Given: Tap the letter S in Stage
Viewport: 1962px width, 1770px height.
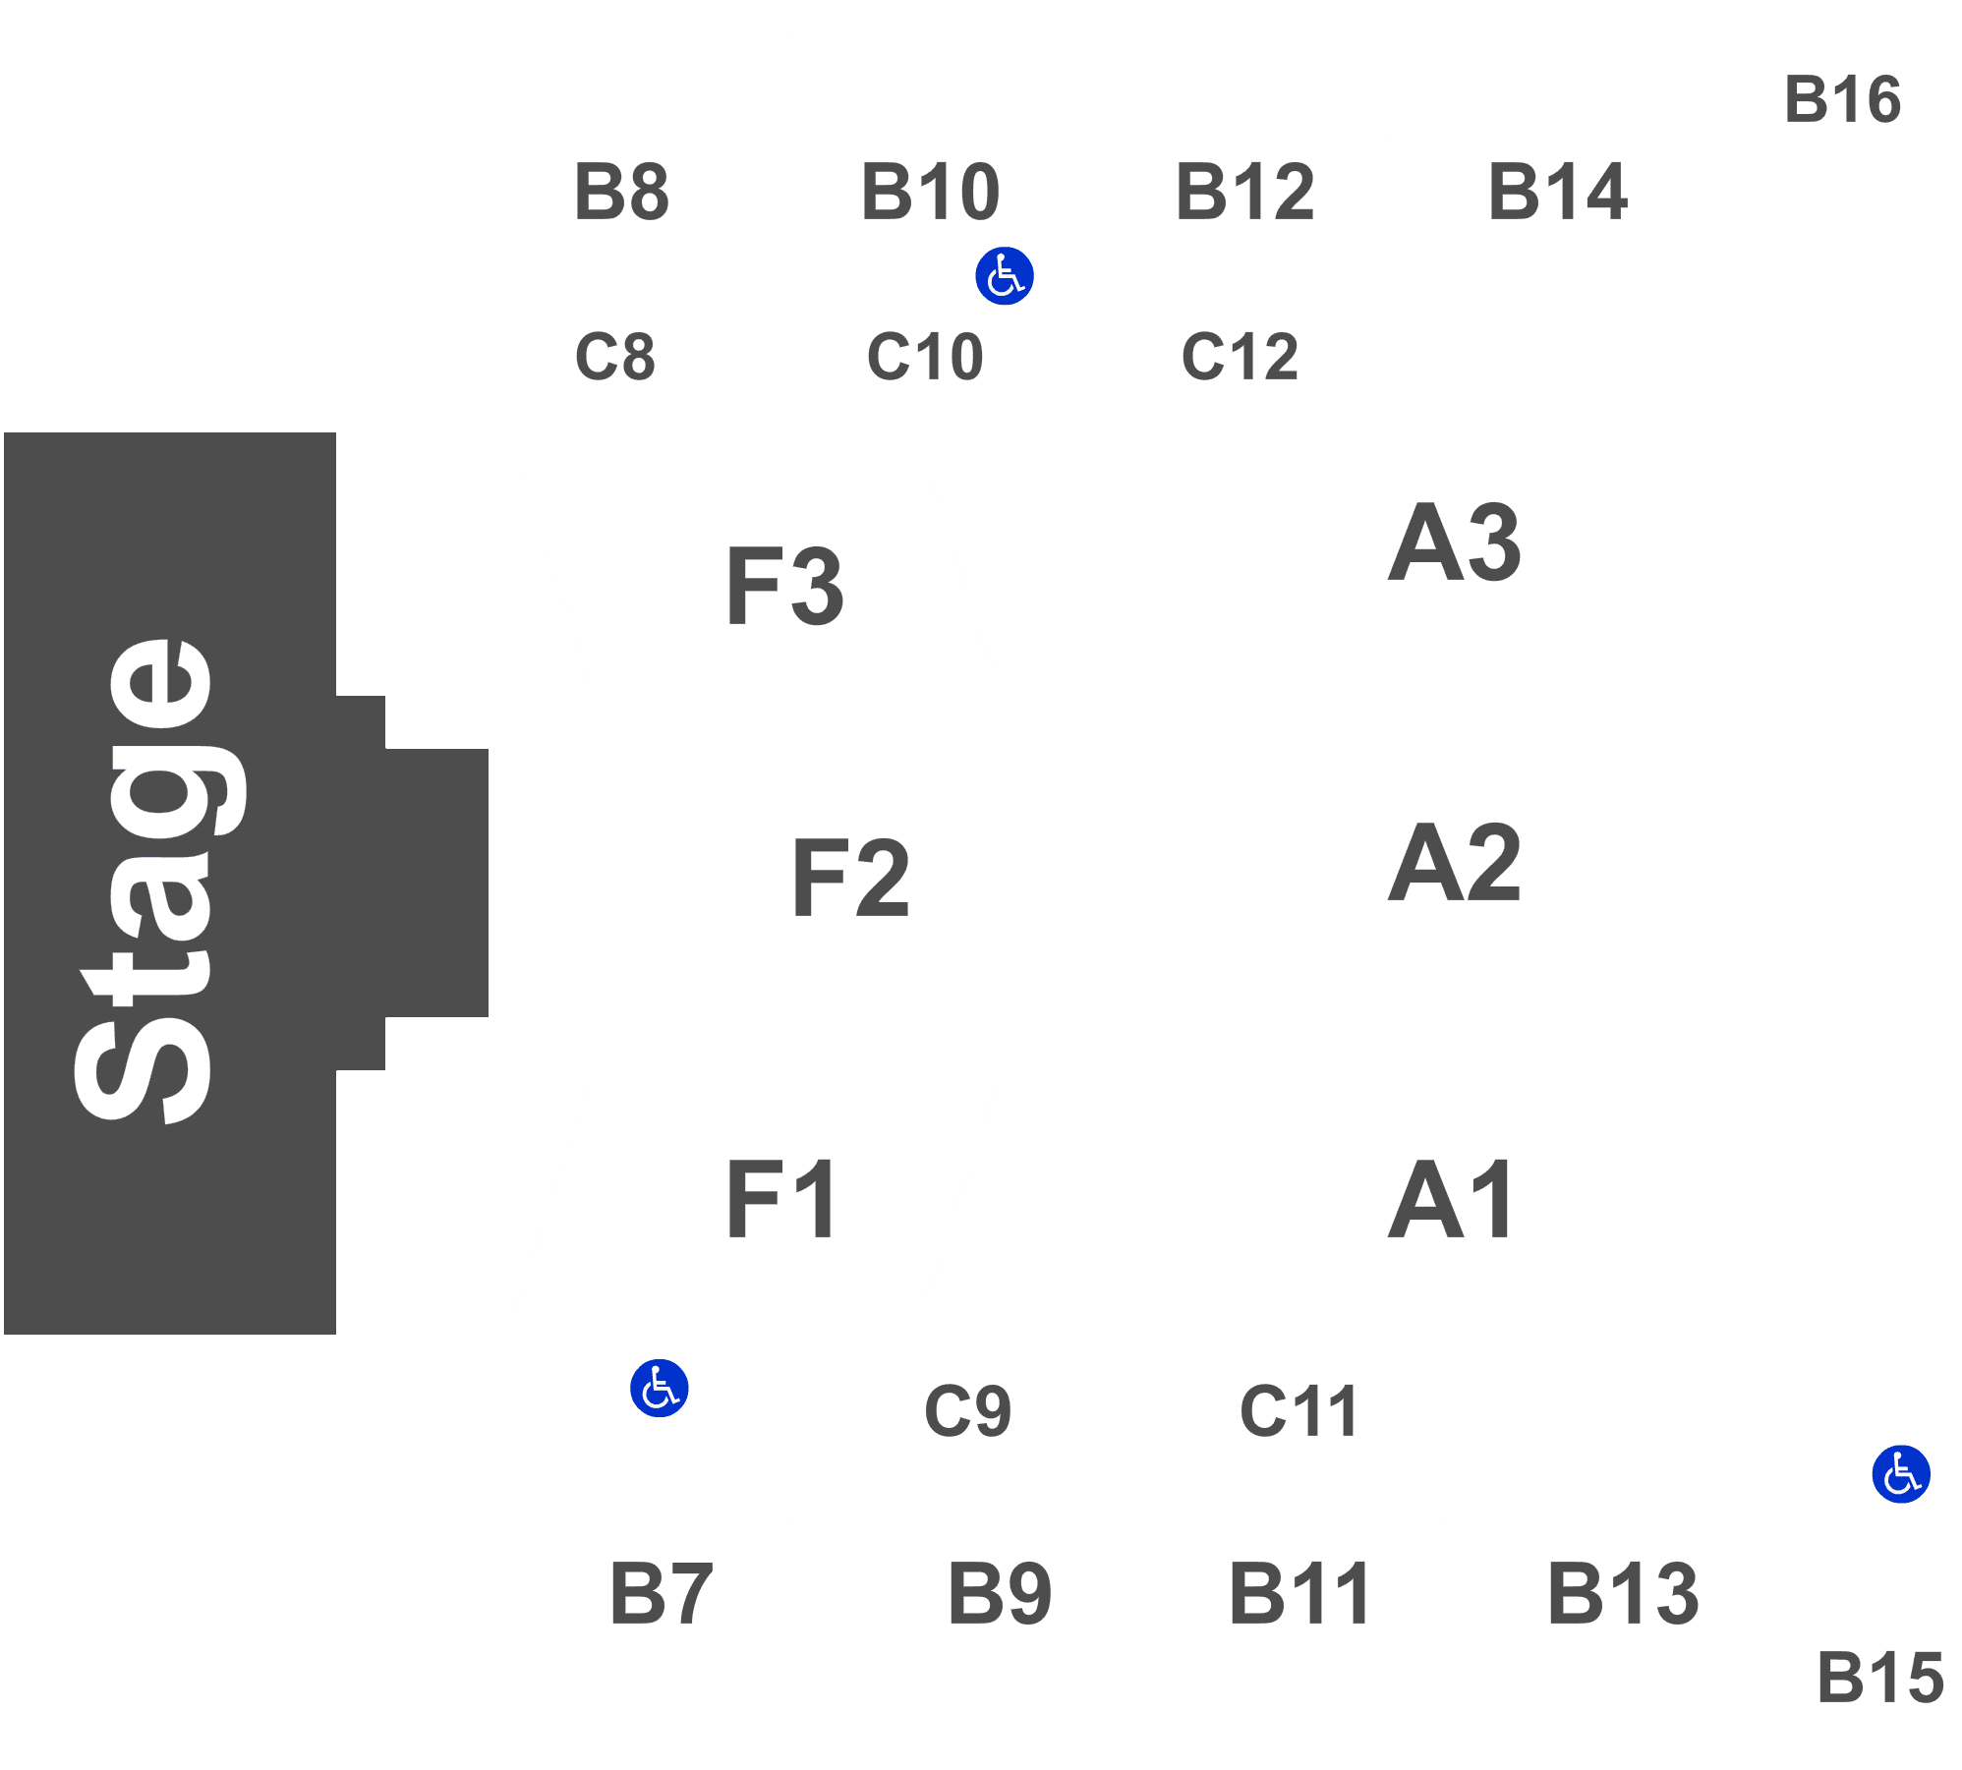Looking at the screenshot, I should point(143,1066).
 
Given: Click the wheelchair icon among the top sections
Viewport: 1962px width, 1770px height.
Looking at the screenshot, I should point(1004,276).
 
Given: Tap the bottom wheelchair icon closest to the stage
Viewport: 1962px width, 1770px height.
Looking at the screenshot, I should point(659,1388).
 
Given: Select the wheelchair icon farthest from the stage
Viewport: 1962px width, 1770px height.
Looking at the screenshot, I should point(1900,1474).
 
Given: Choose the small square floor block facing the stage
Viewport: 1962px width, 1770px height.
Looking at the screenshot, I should point(847,878).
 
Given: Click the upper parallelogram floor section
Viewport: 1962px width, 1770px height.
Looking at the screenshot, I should point(762,587).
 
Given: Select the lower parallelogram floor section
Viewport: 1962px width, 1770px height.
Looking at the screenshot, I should point(757,1190).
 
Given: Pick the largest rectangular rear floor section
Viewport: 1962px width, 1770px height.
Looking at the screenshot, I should point(1459,870).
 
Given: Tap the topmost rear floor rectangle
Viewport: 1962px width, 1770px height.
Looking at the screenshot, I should point(1459,545).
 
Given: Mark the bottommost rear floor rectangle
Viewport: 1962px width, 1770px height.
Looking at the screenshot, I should point(1459,1201).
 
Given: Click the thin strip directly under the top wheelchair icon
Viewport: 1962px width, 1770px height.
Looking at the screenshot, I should point(925,354).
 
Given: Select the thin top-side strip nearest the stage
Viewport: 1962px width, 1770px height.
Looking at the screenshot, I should point(606,354).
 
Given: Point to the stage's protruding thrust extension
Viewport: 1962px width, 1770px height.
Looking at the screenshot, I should point(437,883).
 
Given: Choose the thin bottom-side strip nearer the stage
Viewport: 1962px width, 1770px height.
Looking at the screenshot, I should point(966,1405).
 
